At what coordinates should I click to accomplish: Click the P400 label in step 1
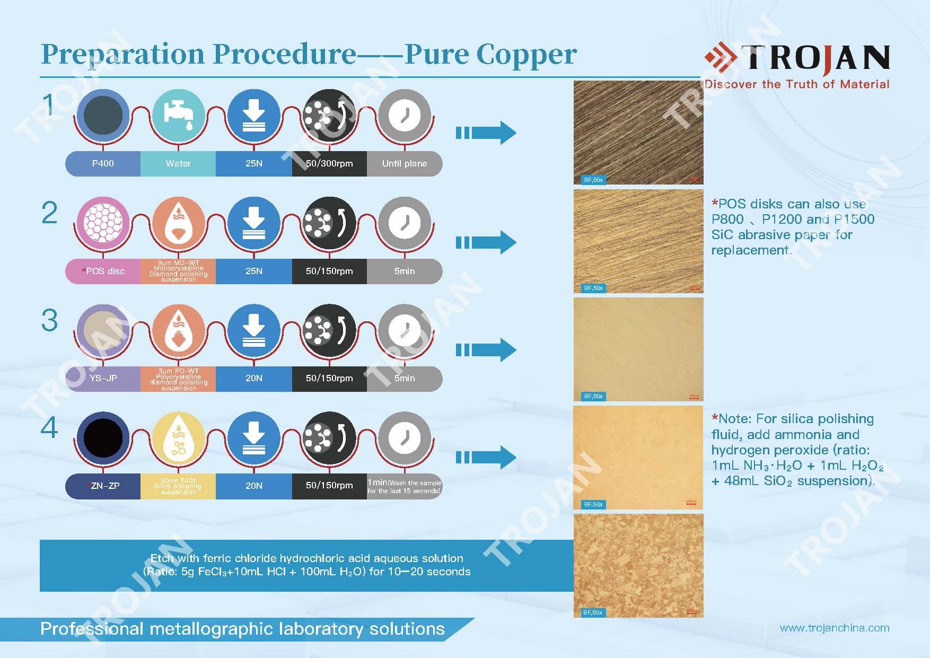[103, 163]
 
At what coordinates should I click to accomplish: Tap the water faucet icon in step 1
[178, 115]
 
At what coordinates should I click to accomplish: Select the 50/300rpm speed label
[329, 163]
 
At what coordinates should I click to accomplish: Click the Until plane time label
[404, 163]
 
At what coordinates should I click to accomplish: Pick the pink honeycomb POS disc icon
[103, 223]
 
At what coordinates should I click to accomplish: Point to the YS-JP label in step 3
[103, 378]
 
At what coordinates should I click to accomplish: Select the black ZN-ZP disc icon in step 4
[103, 438]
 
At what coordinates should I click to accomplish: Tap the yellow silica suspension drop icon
[178, 438]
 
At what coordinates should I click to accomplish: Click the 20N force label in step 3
[253, 378]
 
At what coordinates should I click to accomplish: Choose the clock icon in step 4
[404, 438]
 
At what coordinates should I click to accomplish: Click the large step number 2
[49, 213]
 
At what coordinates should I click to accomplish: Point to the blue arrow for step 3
[486, 350]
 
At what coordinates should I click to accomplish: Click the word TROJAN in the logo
[815, 58]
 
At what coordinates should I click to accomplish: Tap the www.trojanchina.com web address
[835, 628]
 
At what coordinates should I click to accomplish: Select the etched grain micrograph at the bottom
[638, 565]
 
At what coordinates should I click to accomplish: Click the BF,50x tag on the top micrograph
[593, 180]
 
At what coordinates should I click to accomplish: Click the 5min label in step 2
[404, 271]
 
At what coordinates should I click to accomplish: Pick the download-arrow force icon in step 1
[253, 115]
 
